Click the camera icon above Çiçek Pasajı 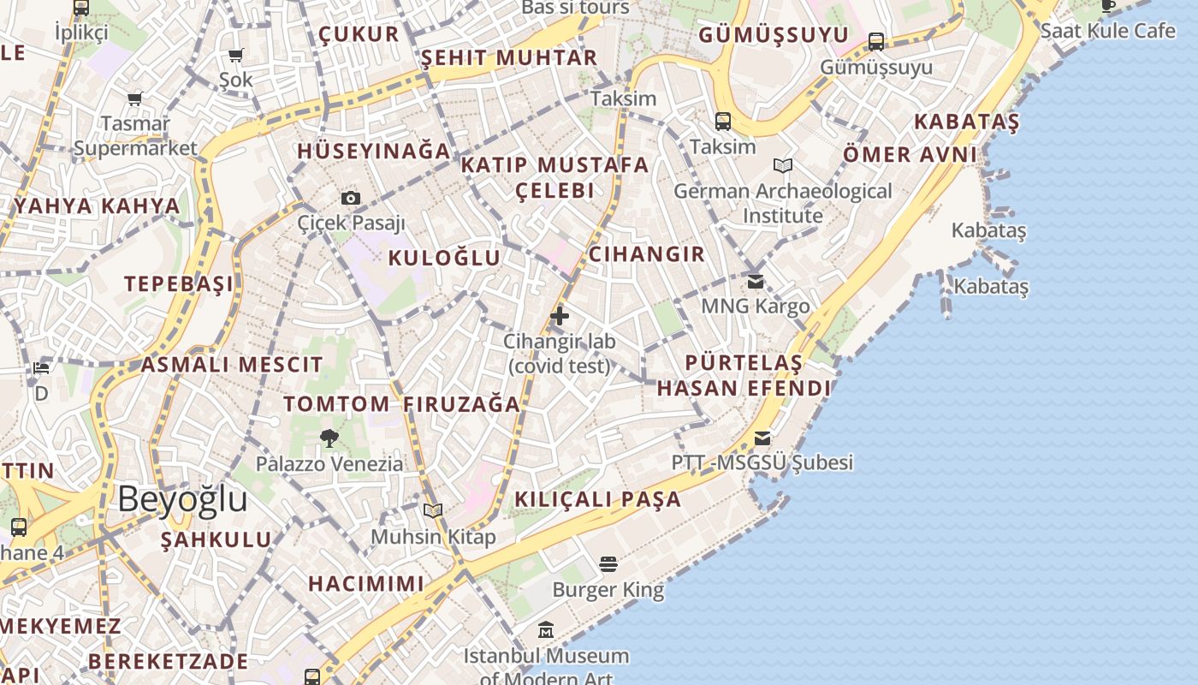point(351,199)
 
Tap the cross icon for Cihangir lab point(560,316)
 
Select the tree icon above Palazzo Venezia point(329,438)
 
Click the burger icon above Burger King point(608,564)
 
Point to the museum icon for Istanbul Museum point(546,631)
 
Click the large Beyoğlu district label point(182,499)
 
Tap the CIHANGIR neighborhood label point(647,254)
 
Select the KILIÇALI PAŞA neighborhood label point(598,499)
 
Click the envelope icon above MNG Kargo point(756,281)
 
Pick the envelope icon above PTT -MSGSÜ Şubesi point(762,438)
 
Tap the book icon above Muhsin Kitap point(433,511)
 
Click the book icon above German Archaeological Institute point(783,165)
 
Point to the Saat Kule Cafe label point(1108,31)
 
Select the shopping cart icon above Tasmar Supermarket point(135,99)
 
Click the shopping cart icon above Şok point(236,56)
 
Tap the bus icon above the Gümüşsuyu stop point(876,41)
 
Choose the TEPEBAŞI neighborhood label point(179,283)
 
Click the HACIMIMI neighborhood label point(366,584)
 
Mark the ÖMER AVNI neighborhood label point(910,155)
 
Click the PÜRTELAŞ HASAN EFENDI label point(743,376)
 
